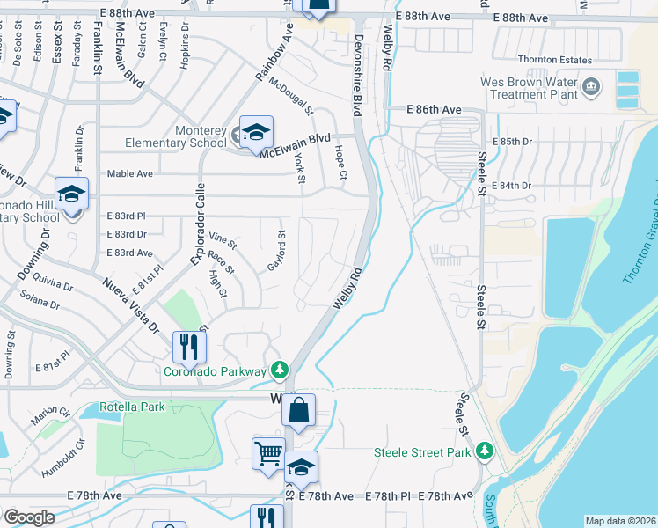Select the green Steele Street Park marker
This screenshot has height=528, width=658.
[x=483, y=451]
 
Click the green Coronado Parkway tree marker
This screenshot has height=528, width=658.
[x=280, y=370]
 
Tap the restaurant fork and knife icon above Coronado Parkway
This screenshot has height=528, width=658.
[x=187, y=346]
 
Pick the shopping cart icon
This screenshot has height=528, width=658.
[x=268, y=454]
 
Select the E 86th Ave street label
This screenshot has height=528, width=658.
[x=434, y=109]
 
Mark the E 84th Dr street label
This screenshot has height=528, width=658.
[x=514, y=186]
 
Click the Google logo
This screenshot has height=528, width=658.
[x=29, y=517]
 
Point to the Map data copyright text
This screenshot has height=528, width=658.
[x=620, y=521]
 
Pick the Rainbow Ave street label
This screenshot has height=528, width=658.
[x=274, y=53]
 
